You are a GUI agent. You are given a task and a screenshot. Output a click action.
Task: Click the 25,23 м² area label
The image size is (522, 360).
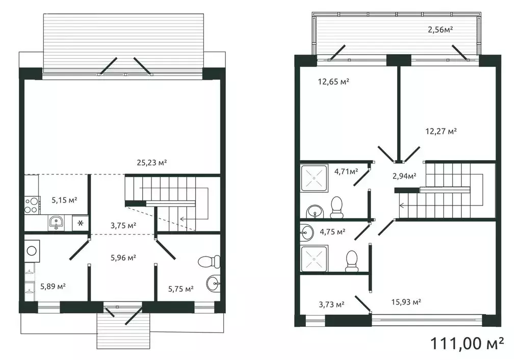tap(151, 163)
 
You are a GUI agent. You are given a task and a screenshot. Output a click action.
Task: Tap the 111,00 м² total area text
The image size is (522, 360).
tap(467, 343)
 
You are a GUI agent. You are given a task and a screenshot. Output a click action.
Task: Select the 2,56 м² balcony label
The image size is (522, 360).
tap(440, 30)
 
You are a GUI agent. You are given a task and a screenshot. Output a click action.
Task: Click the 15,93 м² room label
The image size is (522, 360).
tap(406, 302)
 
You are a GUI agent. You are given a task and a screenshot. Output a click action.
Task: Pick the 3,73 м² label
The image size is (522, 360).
tap(331, 304)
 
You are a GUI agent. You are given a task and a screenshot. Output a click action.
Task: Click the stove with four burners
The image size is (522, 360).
tap(32, 205)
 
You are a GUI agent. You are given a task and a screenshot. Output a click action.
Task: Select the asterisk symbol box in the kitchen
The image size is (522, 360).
tap(80, 223)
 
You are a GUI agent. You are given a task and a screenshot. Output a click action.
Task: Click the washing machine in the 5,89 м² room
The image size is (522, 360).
tap(32, 250)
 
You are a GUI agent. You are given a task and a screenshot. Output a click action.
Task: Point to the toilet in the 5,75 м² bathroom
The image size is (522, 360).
tap(209, 262)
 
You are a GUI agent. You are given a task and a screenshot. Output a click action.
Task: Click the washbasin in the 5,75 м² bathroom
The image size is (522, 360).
tap(213, 284)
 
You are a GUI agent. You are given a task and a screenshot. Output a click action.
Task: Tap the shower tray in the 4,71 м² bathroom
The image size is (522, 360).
tap(314, 178)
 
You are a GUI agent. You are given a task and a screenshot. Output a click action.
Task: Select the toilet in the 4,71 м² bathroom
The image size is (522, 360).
tap(336, 208)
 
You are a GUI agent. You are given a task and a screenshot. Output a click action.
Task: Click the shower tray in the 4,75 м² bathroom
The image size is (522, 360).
tap(314, 259)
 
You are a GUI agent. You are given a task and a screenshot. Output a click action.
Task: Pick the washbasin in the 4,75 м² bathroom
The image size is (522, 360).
tap(306, 233)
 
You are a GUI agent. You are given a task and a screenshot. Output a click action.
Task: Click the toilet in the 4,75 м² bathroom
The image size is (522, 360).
tap(351, 261)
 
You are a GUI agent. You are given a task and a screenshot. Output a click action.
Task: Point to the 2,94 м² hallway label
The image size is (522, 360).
tap(404, 176)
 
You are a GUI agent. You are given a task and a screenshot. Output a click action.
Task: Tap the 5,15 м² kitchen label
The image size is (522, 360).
tap(64, 200)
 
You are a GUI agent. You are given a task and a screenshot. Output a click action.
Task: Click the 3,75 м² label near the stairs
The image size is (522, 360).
tap(123, 225)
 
